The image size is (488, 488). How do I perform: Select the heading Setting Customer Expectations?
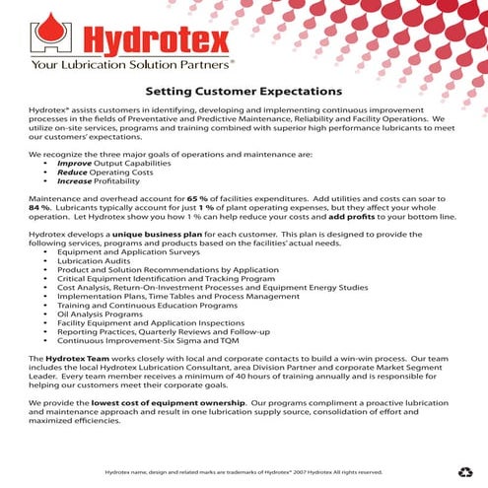pos(244,91)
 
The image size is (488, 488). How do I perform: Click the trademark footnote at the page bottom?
pos(244,472)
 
